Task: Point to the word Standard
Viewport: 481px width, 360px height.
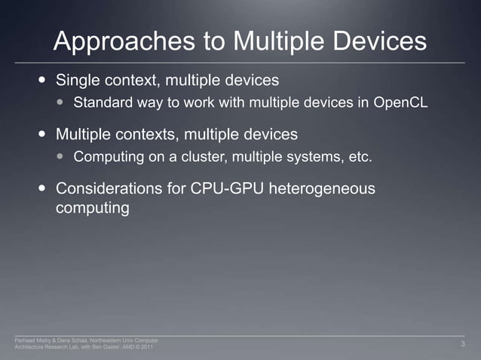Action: tap(103, 102)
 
